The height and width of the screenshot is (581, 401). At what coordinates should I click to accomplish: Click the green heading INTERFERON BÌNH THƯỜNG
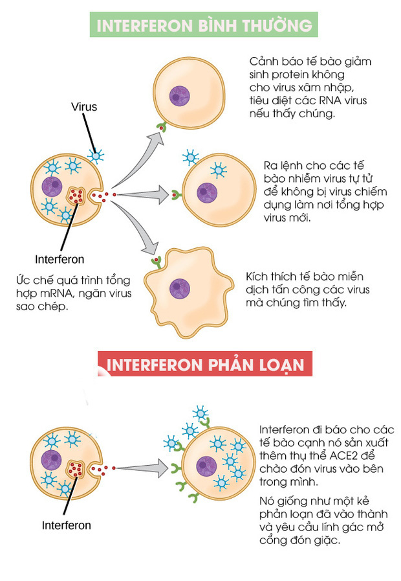[204, 26]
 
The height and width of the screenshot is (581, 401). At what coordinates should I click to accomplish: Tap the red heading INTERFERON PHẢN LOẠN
[204, 364]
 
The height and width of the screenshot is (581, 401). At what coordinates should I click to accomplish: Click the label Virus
[84, 107]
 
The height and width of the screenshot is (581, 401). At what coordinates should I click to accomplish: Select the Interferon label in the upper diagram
[60, 259]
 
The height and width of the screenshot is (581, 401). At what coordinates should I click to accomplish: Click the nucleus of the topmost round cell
[181, 97]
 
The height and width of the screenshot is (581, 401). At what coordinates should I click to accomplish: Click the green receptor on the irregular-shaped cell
[156, 262]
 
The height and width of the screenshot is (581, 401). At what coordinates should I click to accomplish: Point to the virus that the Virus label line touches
[96, 155]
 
